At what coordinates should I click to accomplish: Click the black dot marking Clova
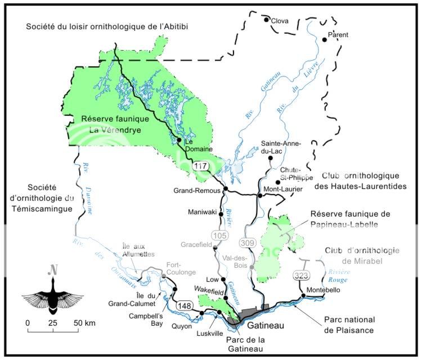(266, 20)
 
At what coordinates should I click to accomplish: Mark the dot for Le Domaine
(179, 140)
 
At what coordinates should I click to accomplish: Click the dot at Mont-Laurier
(259, 196)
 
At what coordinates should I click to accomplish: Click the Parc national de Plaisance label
(348, 325)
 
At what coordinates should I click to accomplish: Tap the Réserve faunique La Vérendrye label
(115, 124)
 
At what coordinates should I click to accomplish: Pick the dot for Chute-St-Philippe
(277, 182)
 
